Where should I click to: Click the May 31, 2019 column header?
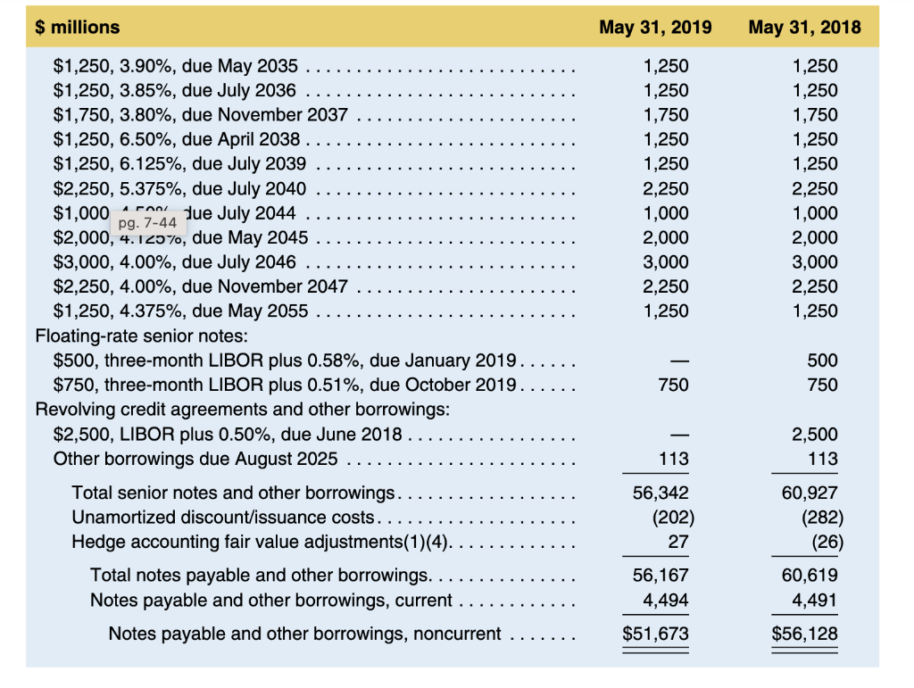pyautogui.click(x=655, y=27)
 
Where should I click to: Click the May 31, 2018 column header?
pyautogui.click(x=804, y=27)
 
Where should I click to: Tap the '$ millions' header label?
pyautogui.click(x=78, y=27)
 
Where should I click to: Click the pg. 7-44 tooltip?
pyautogui.click(x=147, y=222)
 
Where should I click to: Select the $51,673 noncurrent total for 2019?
pyautogui.click(x=655, y=634)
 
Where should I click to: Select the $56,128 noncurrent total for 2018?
pyautogui.click(x=804, y=634)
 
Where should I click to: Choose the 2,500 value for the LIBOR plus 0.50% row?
pyautogui.click(x=815, y=435)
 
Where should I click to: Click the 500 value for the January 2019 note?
pyautogui.click(x=822, y=361)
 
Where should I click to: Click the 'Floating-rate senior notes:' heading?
pyautogui.click(x=140, y=336)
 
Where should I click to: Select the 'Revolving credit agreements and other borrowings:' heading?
pyautogui.click(x=241, y=410)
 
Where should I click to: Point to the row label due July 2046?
pyautogui.click(x=175, y=262)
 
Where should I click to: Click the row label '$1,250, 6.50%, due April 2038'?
pyautogui.click(x=177, y=139)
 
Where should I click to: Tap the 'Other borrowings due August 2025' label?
pyautogui.click(x=195, y=459)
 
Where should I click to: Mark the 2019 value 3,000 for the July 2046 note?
pyautogui.click(x=666, y=262)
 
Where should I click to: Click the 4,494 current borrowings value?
pyautogui.click(x=666, y=601)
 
